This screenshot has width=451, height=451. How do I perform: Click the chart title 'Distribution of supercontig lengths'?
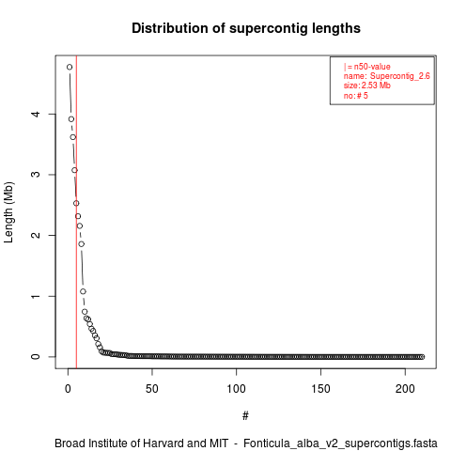pos(246,28)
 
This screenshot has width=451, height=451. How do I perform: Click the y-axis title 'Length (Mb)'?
pos(8,212)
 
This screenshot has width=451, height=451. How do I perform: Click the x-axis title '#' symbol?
pos(245,416)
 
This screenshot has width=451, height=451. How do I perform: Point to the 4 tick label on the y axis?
pos(36,114)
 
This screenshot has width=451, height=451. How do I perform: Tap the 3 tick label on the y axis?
pos(36,175)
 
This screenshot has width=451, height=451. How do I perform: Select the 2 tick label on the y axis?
pos(36,235)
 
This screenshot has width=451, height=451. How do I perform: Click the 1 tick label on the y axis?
pos(36,296)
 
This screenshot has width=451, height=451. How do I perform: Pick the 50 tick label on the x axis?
pos(152,389)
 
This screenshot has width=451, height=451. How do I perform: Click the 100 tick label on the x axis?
pos(236,389)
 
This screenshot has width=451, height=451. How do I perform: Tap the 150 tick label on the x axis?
pos(320,389)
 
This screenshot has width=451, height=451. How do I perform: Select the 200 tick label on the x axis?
pos(405,389)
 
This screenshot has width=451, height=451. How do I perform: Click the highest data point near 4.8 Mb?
pos(70,67)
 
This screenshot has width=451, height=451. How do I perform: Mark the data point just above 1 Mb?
pos(83,291)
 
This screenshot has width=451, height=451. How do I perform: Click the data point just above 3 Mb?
pos(74,170)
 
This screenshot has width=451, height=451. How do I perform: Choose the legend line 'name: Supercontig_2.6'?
pos(387,76)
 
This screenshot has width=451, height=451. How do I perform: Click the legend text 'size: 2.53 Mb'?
pos(367,86)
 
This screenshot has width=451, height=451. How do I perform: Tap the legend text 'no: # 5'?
pos(356,95)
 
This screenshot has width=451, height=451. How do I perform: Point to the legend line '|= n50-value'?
pos(367,67)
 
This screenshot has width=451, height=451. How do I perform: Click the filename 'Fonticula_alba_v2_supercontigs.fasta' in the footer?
pos(340,443)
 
